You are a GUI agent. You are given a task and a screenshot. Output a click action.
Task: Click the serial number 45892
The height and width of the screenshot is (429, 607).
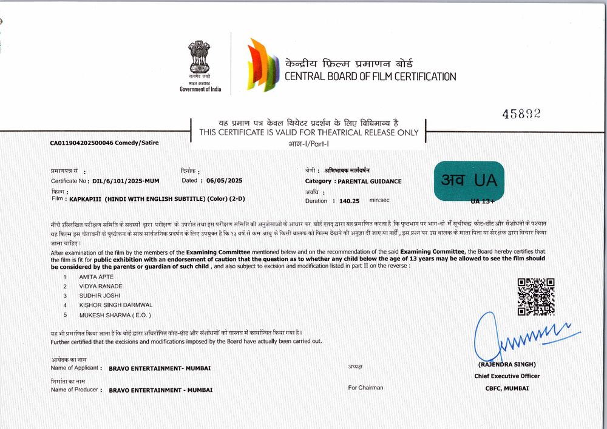[x=521, y=113]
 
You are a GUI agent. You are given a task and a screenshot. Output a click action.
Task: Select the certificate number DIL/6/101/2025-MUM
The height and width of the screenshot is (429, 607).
[x=127, y=181]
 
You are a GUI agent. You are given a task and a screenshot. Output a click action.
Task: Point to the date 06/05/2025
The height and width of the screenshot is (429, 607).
[x=224, y=180]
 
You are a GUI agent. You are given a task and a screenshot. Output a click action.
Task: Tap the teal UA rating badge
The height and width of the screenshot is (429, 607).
[x=469, y=180]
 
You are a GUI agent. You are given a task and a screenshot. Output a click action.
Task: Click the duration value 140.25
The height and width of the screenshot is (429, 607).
[x=350, y=200]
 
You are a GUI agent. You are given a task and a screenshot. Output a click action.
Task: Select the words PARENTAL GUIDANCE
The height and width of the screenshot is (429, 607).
[x=370, y=181]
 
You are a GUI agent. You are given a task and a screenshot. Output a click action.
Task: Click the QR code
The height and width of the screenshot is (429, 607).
[x=535, y=297]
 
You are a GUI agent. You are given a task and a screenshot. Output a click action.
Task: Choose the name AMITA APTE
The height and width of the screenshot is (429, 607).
[x=97, y=277]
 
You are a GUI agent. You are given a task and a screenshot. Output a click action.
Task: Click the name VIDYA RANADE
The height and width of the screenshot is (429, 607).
[x=101, y=286]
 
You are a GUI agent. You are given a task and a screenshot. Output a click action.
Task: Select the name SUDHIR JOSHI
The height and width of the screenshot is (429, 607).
[x=100, y=296]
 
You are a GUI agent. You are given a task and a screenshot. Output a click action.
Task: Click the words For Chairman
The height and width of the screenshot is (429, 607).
[x=365, y=388]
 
